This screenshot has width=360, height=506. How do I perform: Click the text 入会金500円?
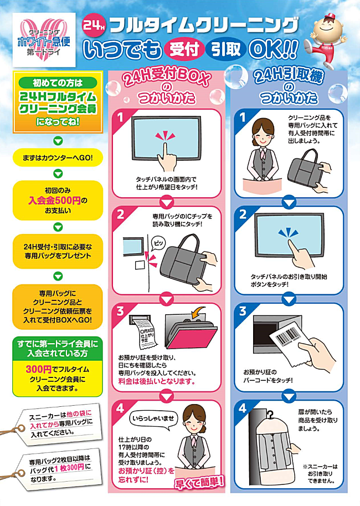[x=54, y=200]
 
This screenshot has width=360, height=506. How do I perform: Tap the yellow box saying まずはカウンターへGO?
[x=58, y=158]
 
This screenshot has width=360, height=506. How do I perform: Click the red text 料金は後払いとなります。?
[x=157, y=382]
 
